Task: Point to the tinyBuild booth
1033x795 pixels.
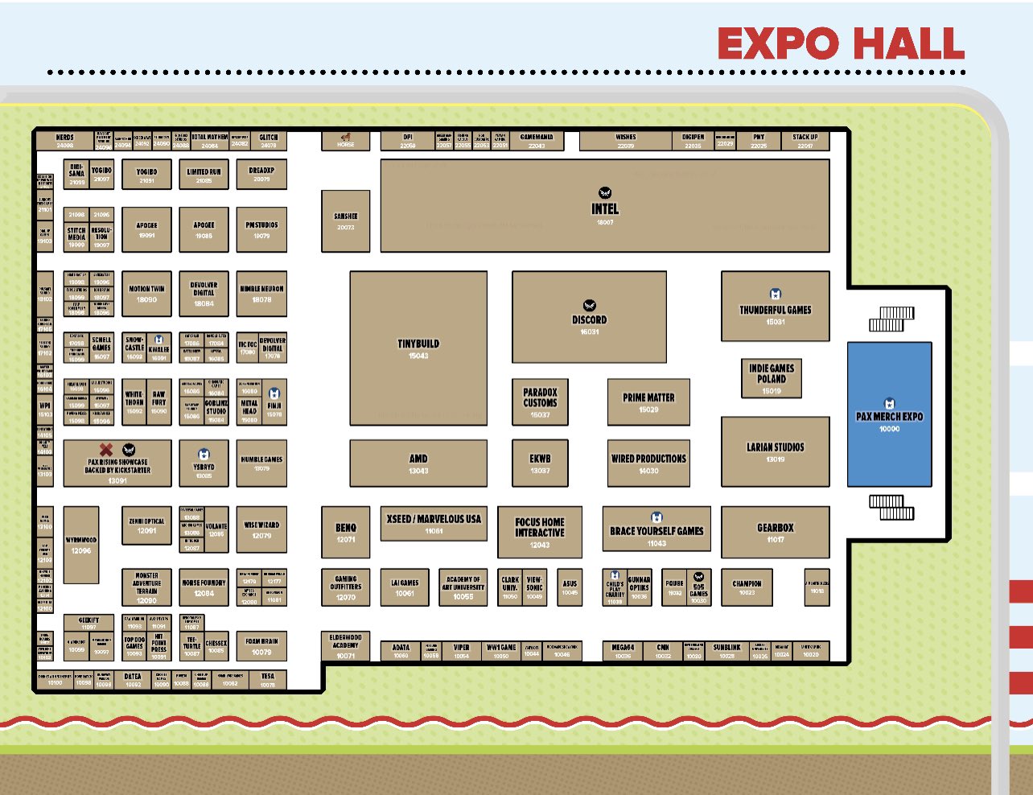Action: tap(418, 348)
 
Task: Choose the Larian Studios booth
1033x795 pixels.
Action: tap(775, 451)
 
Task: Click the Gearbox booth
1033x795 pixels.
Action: tap(775, 532)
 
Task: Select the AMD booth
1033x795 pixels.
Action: tap(418, 463)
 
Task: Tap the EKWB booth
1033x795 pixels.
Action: tap(540, 463)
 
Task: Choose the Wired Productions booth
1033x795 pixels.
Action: tap(648, 463)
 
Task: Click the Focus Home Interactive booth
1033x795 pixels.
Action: tap(539, 532)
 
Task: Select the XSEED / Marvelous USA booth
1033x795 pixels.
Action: tap(434, 524)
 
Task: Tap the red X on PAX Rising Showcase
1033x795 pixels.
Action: tap(105, 449)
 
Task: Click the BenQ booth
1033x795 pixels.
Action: tap(346, 532)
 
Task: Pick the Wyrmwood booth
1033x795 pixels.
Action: tap(81, 545)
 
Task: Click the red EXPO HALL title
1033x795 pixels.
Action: tap(841, 43)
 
